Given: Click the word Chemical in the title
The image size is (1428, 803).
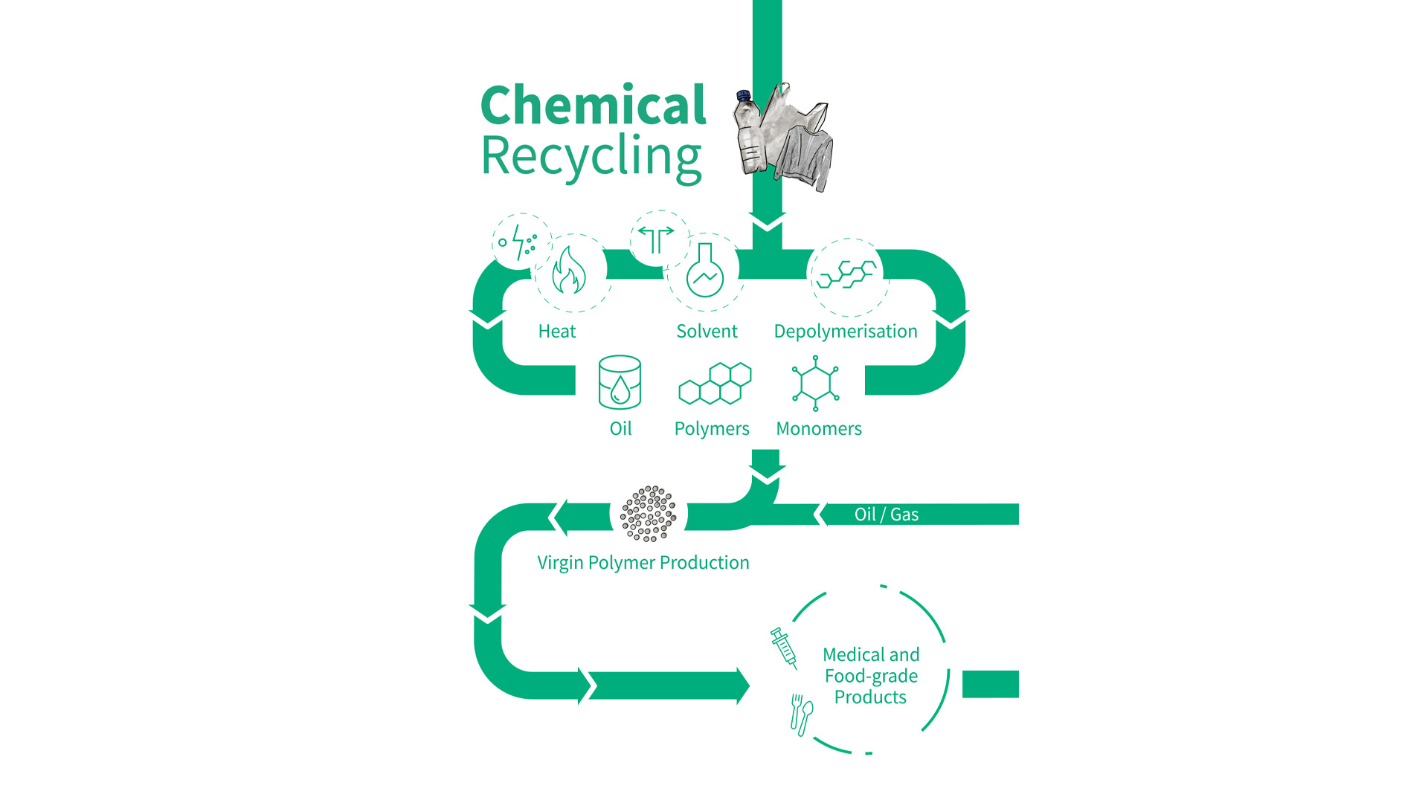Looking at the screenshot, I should tap(593, 106).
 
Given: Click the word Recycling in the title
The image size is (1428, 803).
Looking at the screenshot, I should tap(591, 157).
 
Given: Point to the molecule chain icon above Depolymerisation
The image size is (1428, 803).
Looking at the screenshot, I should tap(846, 274).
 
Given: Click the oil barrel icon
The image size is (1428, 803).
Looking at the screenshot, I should tap(620, 382).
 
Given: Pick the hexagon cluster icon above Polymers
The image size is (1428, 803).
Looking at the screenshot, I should tap(715, 384).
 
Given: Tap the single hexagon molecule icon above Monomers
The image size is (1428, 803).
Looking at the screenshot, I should tap(816, 383).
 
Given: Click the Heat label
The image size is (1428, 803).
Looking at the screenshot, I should tap(557, 332).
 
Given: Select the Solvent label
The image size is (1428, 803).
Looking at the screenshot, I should tap(707, 332).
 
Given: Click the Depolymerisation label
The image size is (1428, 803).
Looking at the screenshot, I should tap(846, 332).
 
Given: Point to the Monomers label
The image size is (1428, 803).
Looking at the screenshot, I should tap(819, 429).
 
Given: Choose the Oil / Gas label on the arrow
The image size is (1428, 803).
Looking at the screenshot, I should tap(886, 515).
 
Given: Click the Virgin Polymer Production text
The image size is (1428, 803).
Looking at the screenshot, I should tap(643, 563).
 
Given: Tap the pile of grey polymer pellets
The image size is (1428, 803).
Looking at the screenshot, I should tap(649, 514).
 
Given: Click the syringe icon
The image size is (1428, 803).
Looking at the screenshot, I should tap(784, 648).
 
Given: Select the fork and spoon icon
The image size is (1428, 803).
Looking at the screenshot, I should tap(801, 715).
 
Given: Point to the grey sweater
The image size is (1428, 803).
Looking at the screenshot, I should tap(805, 156).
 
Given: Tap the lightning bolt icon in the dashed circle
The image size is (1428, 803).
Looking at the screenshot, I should tap(521, 242).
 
